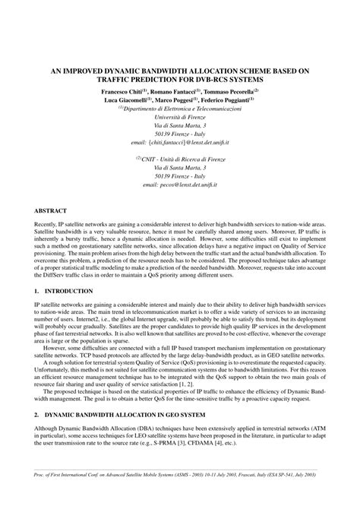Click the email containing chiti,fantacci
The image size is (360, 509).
pos(180,141)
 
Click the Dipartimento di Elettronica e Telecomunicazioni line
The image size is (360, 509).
pos(180,109)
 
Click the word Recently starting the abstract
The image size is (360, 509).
pos(49,226)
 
